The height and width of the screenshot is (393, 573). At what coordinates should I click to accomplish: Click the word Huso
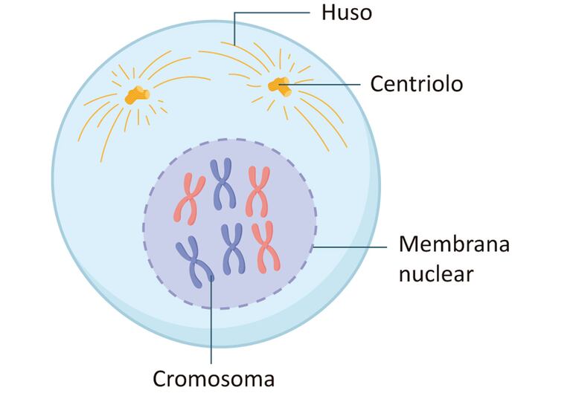[x=347, y=13]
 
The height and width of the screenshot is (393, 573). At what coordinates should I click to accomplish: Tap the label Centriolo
[x=417, y=84]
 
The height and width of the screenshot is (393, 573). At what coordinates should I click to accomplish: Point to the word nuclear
[x=436, y=273]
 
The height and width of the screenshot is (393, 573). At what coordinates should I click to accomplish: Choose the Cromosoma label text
[x=214, y=378]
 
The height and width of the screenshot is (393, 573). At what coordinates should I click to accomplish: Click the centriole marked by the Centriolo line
[x=280, y=86]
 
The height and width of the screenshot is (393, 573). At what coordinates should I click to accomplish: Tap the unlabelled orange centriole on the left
[x=136, y=94]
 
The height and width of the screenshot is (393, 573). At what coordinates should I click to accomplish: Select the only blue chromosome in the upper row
[x=222, y=183]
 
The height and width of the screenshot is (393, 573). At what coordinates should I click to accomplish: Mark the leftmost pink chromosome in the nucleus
[x=188, y=197]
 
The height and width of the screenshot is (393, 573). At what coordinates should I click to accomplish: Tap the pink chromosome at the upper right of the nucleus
[x=258, y=190]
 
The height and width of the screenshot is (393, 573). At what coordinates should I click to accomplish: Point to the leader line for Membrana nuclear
[x=350, y=246]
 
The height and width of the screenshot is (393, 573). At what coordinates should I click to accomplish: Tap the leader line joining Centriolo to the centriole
[x=327, y=84]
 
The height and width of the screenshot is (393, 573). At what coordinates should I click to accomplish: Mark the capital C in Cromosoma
[x=161, y=378]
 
